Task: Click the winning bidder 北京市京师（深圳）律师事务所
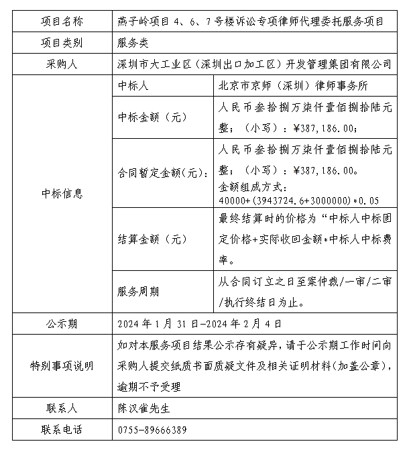pyautogui.click(x=293, y=87)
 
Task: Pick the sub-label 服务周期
pyautogui.click(x=138, y=291)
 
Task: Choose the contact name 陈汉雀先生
pyautogui.click(x=143, y=408)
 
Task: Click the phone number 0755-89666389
pyautogui.click(x=152, y=429)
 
